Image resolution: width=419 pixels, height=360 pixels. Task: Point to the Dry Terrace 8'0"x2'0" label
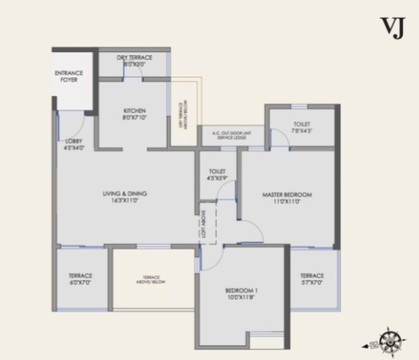click(x=134, y=61)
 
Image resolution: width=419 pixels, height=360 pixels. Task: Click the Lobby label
click(x=74, y=144)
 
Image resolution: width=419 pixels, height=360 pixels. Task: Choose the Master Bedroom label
click(x=286, y=195)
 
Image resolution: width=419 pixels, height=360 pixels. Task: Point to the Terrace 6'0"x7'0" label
click(x=80, y=280)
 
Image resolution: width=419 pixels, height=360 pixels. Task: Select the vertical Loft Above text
click(x=204, y=222)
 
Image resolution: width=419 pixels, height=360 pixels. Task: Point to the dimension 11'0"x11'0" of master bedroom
click(x=286, y=203)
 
